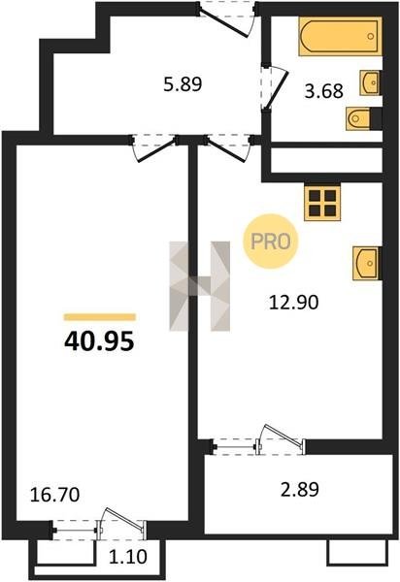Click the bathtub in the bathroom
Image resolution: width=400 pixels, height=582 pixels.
[x=340, y=37]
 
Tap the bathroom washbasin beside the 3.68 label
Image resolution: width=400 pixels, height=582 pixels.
[x=370, y=82]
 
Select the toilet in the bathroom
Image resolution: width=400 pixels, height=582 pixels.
[x=358, y=118]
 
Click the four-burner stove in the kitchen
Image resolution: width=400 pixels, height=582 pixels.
[x=322, y=203]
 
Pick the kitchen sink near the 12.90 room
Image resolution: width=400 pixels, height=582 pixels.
[x=367, y=263]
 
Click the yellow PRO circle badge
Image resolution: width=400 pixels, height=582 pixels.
[x=270, y=242]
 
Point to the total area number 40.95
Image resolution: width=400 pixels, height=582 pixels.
[x=99, y=341]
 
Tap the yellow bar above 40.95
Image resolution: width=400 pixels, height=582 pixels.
[x=100, y=316]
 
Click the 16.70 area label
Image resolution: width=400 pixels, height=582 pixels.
[x=54, y=495]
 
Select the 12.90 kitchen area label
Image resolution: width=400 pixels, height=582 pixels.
[x=293, y=303]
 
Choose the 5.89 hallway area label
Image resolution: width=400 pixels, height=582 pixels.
[x=183, y=84]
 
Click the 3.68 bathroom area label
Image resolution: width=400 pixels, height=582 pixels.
[x=323, y=91]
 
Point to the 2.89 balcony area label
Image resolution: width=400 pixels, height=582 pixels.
[x=300, y=489]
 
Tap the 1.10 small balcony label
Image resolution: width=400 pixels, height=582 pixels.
[x=128, y=557]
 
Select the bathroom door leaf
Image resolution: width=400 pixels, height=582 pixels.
[x=277, y=89]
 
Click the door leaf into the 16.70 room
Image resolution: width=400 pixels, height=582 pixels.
[x=156, y=150]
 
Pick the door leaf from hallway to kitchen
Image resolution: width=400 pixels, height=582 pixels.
[x=226, y=150]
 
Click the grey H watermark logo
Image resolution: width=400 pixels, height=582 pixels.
[x=200, y=286]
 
